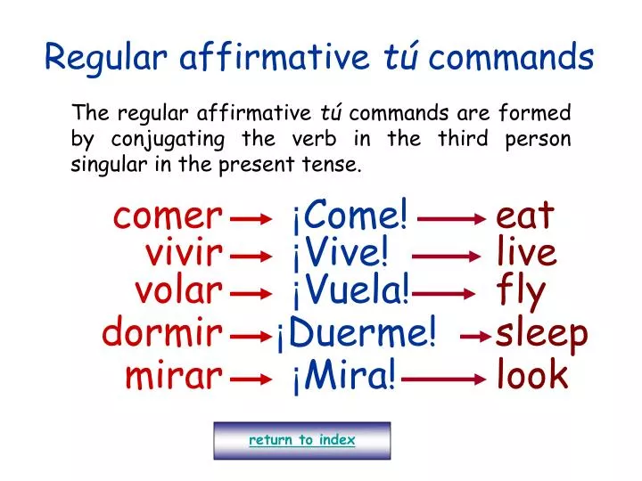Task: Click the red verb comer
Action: pyautogui.click(x=167, y=216)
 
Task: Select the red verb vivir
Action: pyautogui.click(x=183, y=254)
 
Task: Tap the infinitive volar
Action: pyautogui.click(x=177, y=290)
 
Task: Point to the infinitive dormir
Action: pyautogui.click(x=161, y=334)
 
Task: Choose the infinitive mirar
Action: pyautogui.click(x=172, y=376)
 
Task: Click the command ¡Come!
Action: pyautogui.click(x=349, y=216)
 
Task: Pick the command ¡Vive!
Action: pyautogui.click(x=339, y=254)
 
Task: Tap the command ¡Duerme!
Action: pyautogui.click(x=357, y=334)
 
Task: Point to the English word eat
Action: pyautogui.click(x=524, y=216)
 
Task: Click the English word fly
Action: pyautogui.click(x=521, y=292)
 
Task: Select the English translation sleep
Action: pyautogui.click(x=542, y=335)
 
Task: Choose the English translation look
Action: pyautogui.click(x=532, y=376)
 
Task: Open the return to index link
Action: pyautogui.click(x=301, y=440)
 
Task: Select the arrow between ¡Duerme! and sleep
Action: pyautogui.click(x=476, y=337)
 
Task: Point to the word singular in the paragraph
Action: pyautogui.click(x=107, y=164)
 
